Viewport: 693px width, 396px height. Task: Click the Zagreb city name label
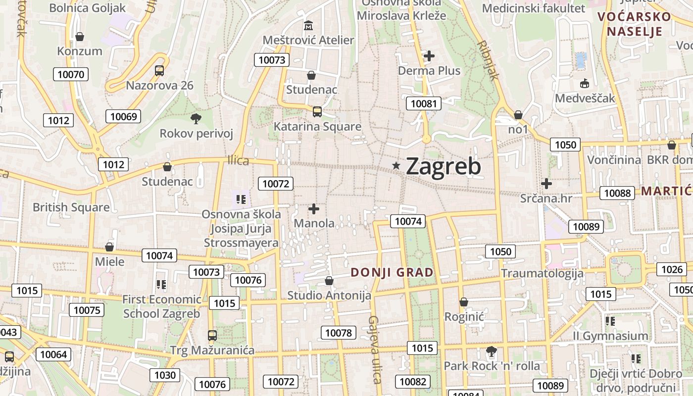coord(443,166)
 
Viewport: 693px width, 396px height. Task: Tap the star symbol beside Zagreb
coord(396,166)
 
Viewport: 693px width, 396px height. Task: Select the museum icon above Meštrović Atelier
coord(309,25)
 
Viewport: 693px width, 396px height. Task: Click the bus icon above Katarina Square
coord(317,112)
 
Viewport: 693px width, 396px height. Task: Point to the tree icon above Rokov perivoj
coord(196,118)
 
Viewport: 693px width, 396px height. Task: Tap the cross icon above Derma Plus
coord(429,56)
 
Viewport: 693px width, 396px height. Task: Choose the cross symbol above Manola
coord(314,209)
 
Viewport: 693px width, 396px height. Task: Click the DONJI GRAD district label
coord(392,272)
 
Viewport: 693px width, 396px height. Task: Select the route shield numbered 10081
coord(424,103)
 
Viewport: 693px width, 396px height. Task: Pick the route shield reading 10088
coord(617,193)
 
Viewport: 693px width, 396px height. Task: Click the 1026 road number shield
coord(672,270)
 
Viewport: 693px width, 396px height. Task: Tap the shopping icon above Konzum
coord(79,37)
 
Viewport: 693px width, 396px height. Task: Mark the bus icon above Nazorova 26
coord(159,71)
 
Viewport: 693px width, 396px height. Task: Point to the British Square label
coord(71,207)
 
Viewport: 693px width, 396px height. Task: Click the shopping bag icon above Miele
coord(109,247)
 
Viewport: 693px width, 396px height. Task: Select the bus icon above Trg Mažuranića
coord(212,336)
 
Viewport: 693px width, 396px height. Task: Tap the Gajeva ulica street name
coord(375,349)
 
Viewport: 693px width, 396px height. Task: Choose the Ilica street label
coord(238,161)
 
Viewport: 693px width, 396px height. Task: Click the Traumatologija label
coord(542,273)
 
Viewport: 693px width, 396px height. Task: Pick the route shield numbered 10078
coord(339,333)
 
